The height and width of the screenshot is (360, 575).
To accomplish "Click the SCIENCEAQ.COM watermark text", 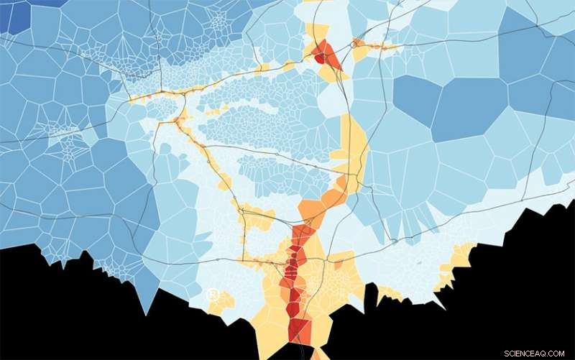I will click(537, 353).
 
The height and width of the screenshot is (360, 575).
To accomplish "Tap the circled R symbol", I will click(213, 294).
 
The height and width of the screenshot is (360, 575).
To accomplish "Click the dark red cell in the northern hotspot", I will click(319, 58).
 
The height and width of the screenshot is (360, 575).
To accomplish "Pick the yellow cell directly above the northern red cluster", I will click(317, 32).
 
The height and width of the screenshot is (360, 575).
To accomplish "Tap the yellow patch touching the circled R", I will click(223, 302).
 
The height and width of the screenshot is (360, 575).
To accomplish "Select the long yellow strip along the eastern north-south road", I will click(354, 144).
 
